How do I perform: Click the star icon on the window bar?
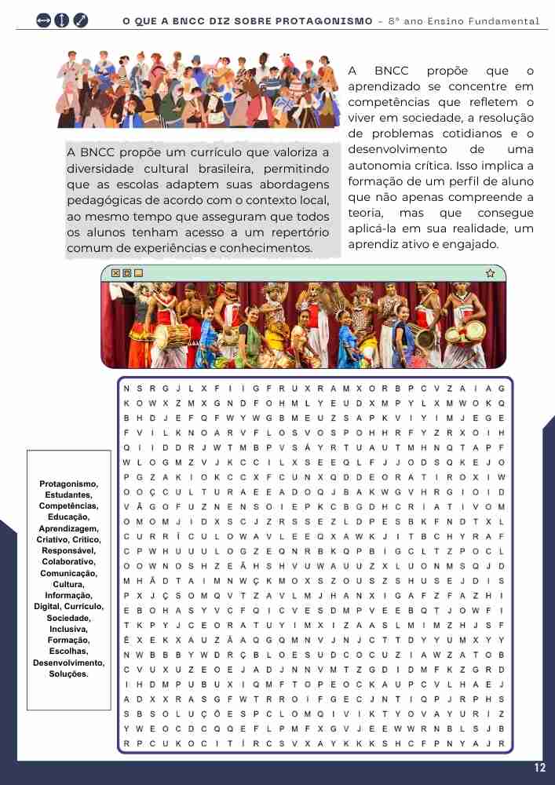(x=491, y=273)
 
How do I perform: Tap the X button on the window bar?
(x=116, y=273)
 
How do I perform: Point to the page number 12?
(x=539, y=768)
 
